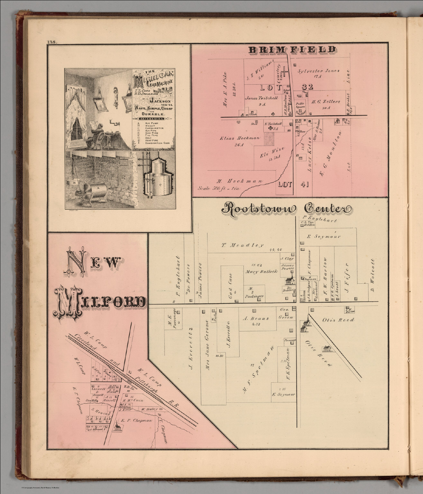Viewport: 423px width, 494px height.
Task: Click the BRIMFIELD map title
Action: (292, 50)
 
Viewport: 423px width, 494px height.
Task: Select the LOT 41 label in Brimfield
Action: (285, 185)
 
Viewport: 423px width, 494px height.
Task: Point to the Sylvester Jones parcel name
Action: (318, 71)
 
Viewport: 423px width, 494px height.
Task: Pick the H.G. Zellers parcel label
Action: (326, 102)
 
